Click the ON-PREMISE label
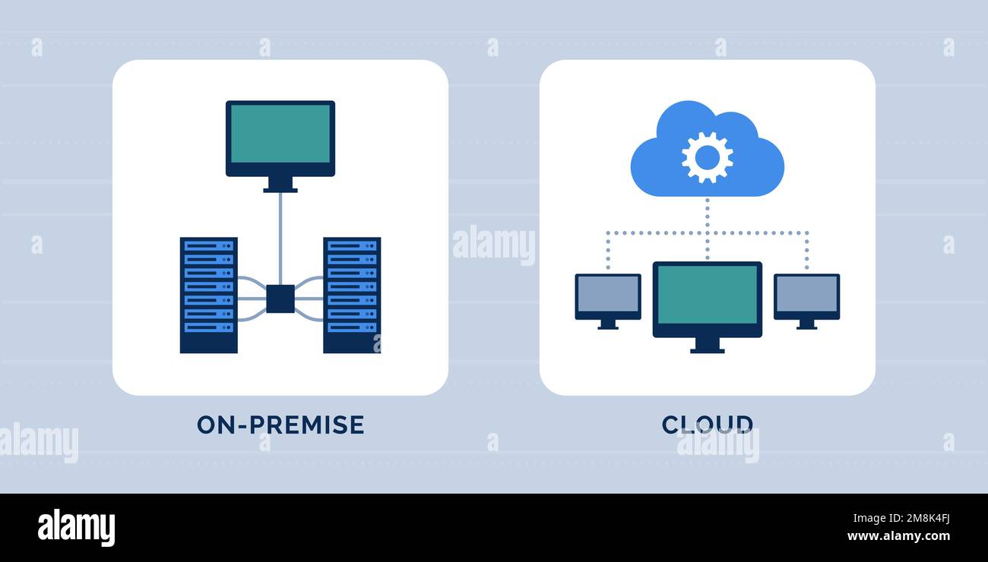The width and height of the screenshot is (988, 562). click(280, 425)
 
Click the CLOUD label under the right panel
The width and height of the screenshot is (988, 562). click(707, 425)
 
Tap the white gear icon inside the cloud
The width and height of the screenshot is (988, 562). click(707, 157)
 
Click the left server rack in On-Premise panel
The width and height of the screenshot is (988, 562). click(208, 295)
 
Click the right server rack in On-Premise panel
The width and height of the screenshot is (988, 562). click(351, 295)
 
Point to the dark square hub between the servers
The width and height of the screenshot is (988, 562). click(280, 298)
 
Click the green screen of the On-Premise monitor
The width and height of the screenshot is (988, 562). click(280, 134)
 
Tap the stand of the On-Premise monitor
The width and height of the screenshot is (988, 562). click(280, 185)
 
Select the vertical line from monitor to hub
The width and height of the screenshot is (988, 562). click(280, 235)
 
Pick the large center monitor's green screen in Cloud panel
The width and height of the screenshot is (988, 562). click(707, 295)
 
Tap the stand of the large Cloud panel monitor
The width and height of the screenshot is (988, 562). click(707, 346)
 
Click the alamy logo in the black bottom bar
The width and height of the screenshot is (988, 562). click(76, 528)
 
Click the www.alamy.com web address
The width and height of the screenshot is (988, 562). click(898, 537)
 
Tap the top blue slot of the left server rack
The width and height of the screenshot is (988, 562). click(208, 245)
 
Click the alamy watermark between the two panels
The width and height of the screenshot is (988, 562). click(493, 245)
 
